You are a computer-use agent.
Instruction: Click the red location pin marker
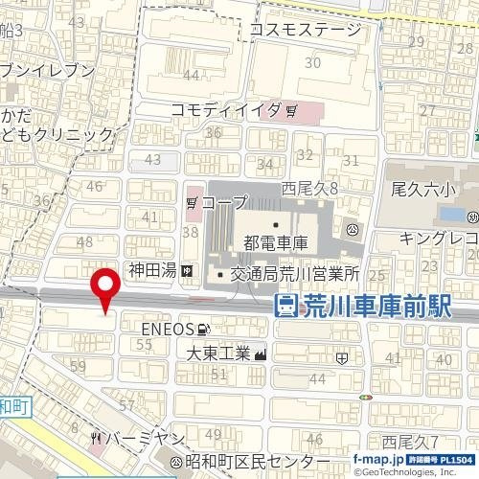coord(104,288)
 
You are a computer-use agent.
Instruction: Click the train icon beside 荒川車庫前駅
coord(285,307)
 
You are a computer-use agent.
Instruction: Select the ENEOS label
coord(169,330)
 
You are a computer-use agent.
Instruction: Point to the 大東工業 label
coord(218,354)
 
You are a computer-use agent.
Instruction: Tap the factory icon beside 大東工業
coord(261,354)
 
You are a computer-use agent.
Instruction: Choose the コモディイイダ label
coord(226,110)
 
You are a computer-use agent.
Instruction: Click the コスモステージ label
coord(306,31)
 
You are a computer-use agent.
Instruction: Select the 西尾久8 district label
coord(310,190)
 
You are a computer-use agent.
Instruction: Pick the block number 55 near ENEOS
coord(146,343)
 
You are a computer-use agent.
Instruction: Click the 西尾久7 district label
coord(410,442)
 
